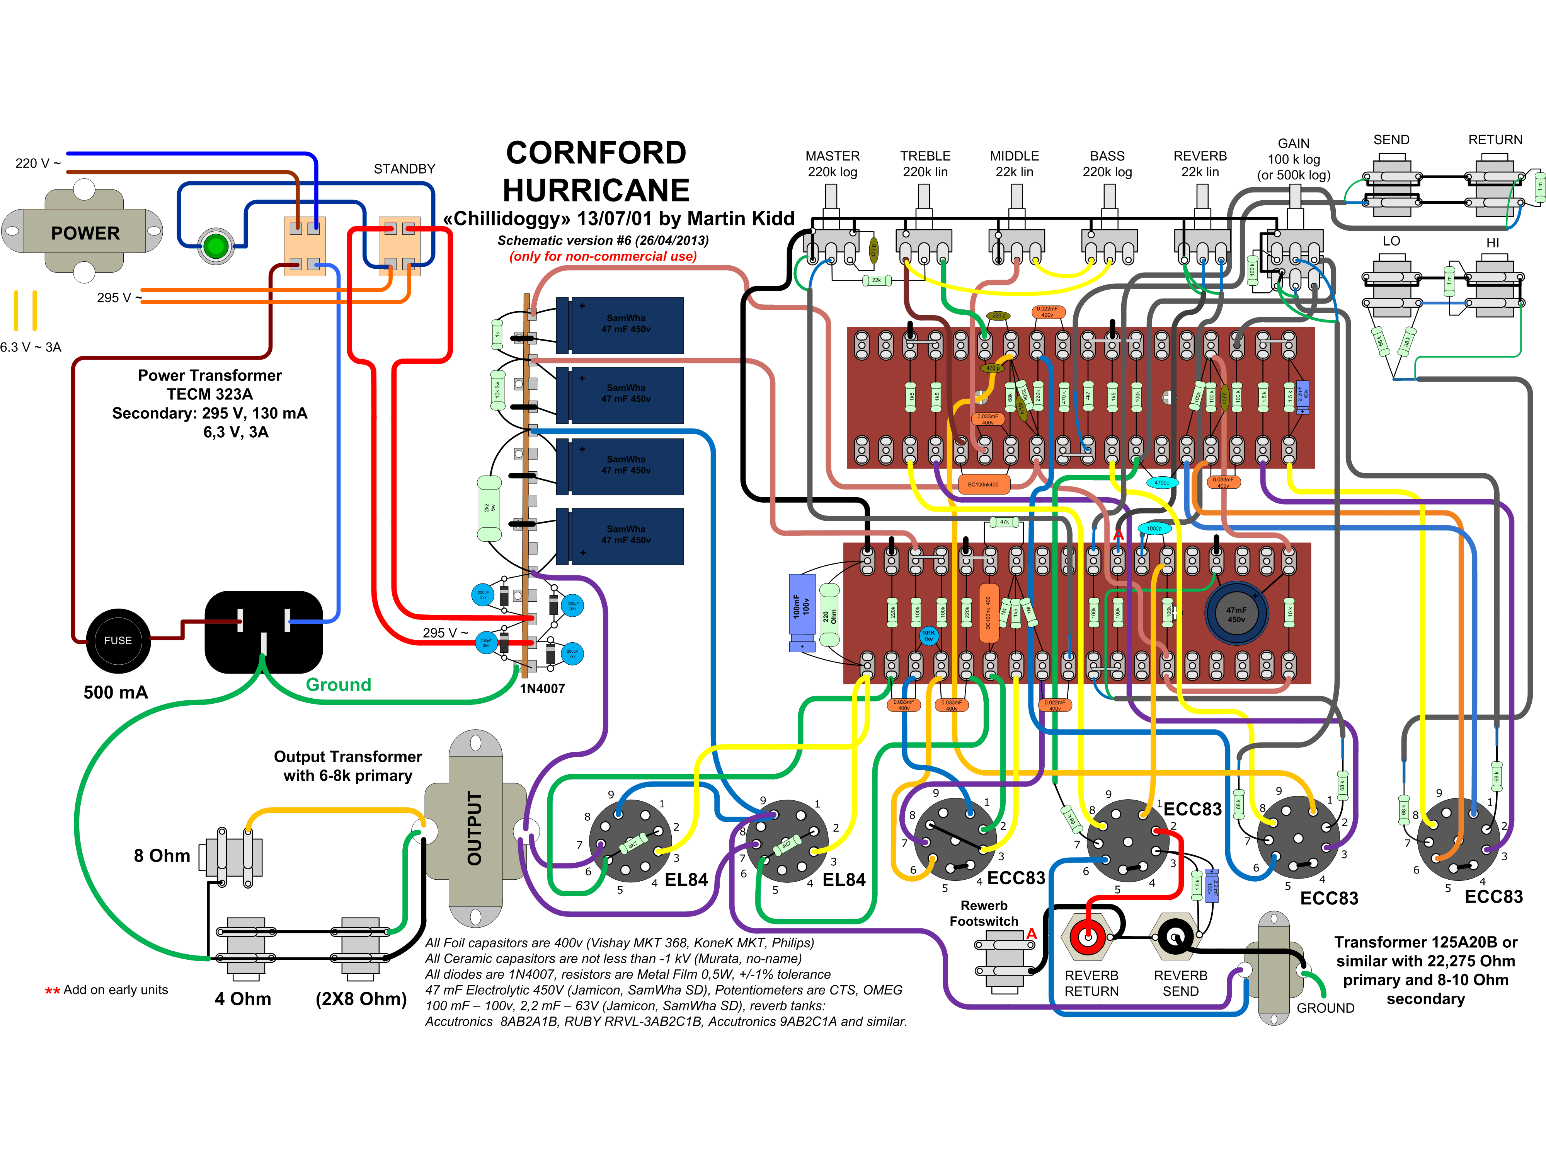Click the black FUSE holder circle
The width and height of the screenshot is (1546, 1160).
pos(118,640)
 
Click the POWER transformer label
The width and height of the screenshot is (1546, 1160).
pos(85,233)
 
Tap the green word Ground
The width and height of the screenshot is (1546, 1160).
pos(338,684)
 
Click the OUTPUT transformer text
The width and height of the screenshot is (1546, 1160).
pos(475,829)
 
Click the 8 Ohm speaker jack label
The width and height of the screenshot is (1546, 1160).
pos(162,856)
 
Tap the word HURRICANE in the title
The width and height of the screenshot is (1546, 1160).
pos(596,190)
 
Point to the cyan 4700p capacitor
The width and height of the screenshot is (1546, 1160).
pos(1161,483)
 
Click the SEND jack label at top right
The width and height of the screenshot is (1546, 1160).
pos(1391,140)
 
